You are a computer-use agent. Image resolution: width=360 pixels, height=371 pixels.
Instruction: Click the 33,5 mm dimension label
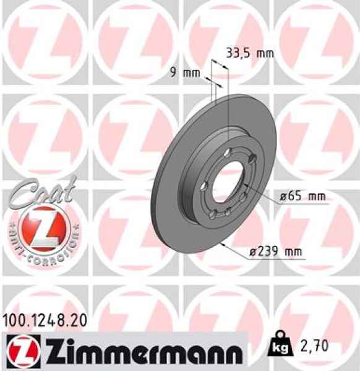(x=247, y=53)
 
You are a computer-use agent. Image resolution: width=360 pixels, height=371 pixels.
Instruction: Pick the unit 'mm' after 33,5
(x=265, y=53)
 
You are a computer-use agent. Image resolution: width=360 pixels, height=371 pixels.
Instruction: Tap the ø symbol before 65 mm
(x=282, y=197)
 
